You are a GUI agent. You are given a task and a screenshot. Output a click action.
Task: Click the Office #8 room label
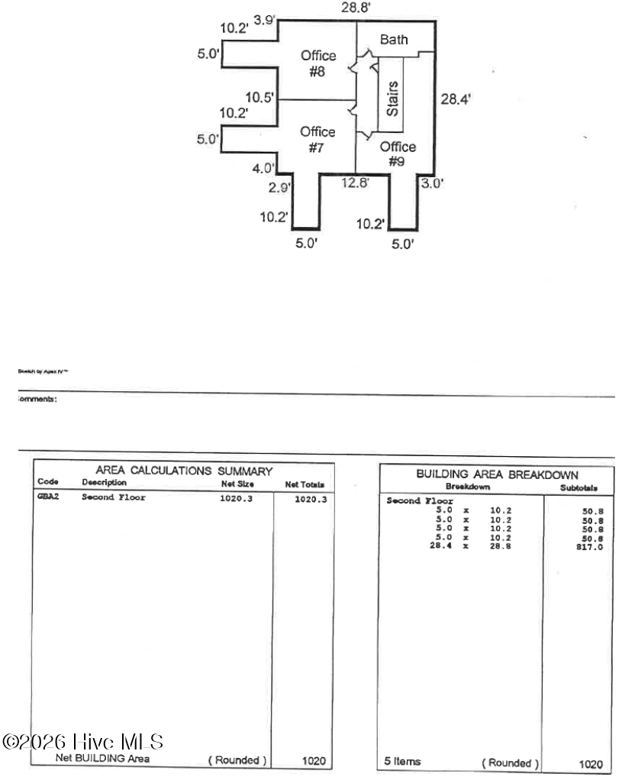pyautogui.click(x=317, y=63)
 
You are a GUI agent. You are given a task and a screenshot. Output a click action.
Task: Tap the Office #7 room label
pyautogui.click(x=317, y=140)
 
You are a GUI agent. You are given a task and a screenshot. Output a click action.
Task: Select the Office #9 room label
pyautogui.click(x=398, y=154)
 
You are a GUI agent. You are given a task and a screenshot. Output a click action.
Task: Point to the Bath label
pyautogui.click(x=394, y=40)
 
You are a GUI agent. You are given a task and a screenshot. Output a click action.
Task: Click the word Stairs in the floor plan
pyautogui.click(x=392, y=99)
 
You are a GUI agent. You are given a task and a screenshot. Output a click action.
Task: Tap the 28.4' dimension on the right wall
pyautogui.click(x=456, y=98)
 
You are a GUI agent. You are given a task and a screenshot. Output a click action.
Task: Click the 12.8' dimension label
pyautogui.click(x=355, y=182)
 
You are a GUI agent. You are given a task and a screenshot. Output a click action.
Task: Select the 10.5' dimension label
pyautogui.click(x=259, y=97)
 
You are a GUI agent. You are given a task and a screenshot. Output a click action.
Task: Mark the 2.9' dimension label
pyautogui.click(x=278, y=187)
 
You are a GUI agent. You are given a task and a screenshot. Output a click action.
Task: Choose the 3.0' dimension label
pyautogui.click(x=432, y=183)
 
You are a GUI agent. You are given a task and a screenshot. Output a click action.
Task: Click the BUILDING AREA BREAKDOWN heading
pyautogui.click(x=496, y=474)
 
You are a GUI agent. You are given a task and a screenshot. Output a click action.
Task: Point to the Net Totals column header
pyautogui.click(x=305, y=484)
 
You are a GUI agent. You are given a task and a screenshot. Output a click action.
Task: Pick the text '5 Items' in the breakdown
pyautogui.click(x=403, y=762)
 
